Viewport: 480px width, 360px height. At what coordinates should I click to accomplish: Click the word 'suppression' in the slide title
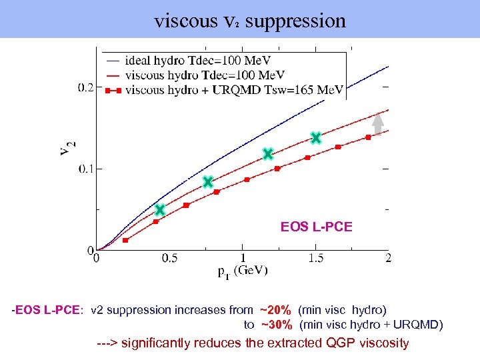(295, 21)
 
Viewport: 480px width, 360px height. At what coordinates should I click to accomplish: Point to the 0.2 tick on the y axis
(86, 87)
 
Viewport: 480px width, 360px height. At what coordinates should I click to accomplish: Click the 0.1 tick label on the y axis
(86, 169)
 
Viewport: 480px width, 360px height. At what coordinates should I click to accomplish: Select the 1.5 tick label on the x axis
(315, 258)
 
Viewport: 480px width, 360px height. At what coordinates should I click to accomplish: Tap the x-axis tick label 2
(388, 258)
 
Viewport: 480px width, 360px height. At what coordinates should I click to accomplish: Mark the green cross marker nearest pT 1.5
(316, 138)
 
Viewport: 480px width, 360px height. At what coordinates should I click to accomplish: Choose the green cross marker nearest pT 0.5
(160, 210)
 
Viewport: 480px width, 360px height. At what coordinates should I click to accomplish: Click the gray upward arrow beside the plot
(378, 125)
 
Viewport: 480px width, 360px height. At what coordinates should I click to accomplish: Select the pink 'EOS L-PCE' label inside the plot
(316, 227)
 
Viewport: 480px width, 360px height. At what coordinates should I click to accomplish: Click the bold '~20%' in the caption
(275, 310)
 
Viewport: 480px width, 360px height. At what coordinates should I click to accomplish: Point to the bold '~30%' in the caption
(276, 325)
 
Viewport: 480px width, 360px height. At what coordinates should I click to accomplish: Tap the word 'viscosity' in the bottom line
(380, 343)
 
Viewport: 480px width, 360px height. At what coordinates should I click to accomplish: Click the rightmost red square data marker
(368, 137)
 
